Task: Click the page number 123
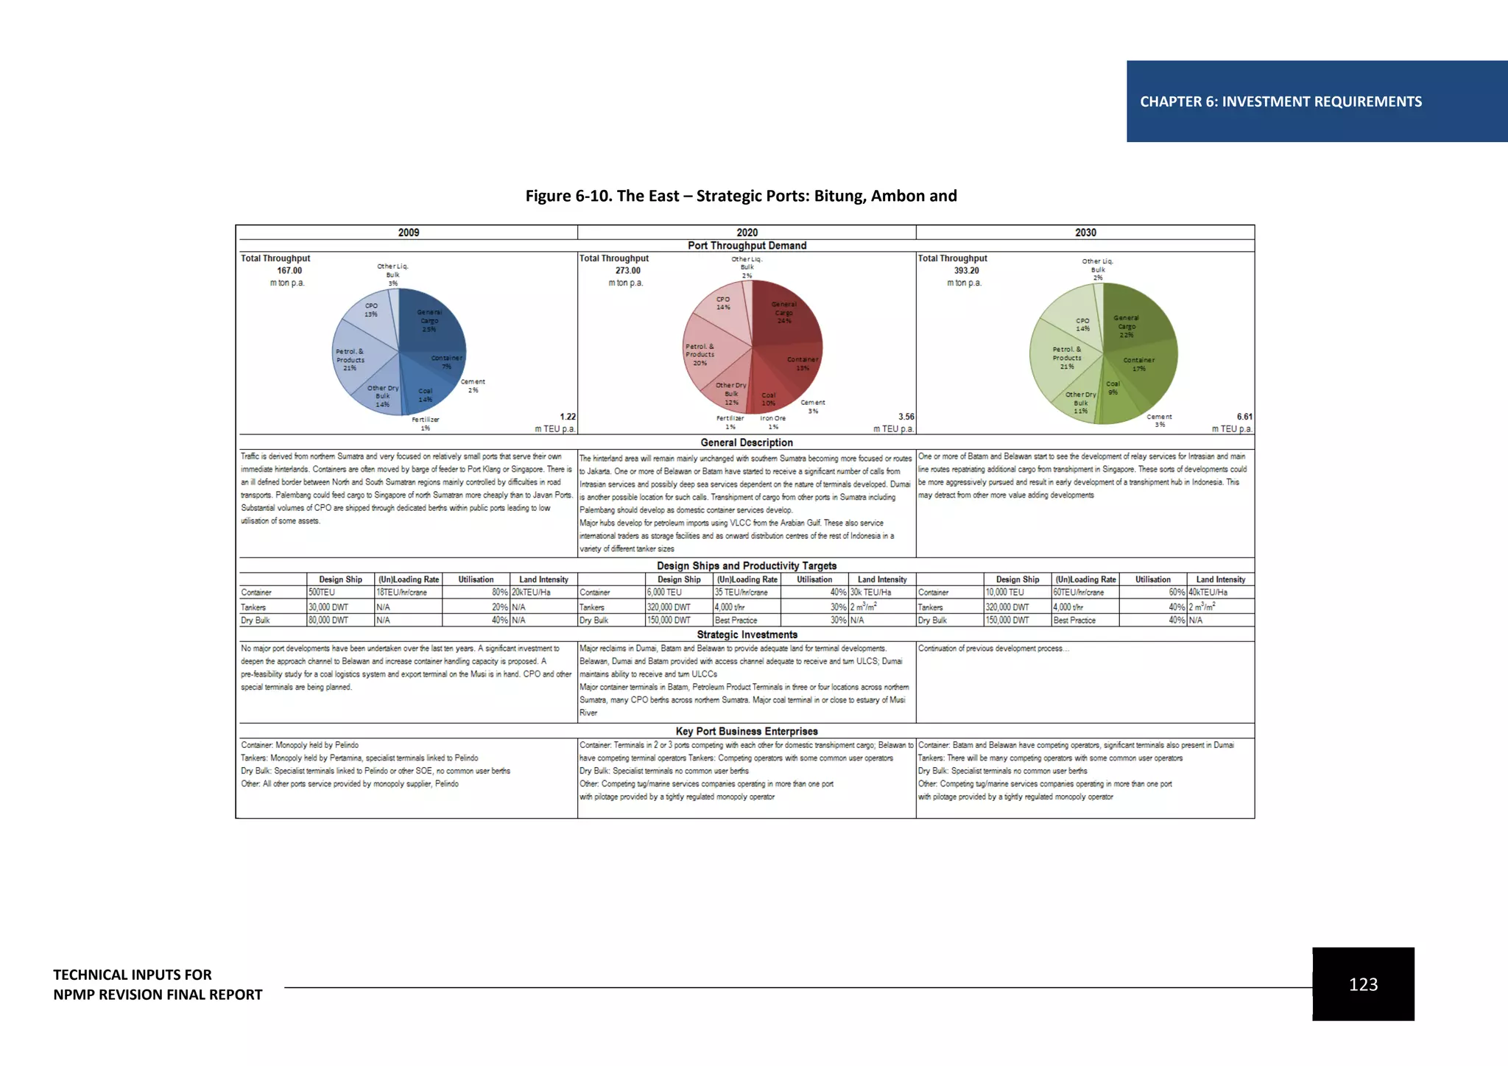pos(1363,984)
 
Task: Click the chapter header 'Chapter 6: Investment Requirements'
pos(1280,102)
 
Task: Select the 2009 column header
pos(409,233)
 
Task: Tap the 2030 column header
pos(1085,233)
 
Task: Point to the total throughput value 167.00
pos(289,271)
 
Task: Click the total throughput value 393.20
pos(967,271)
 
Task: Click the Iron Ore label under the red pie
pos(773,419)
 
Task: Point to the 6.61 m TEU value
pos(1244,417)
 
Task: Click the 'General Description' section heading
pos(747,442)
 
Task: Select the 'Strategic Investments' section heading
pos(747,635)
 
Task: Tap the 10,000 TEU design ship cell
pos(1005,593)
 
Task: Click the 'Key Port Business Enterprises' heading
pos(747,731)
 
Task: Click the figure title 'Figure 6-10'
pos(741,196)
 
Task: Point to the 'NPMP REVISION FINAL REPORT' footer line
pos(158,995)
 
